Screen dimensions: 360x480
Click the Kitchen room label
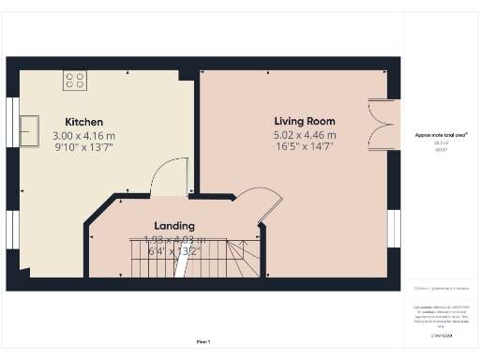point(83,122)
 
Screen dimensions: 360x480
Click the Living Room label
point(304,121)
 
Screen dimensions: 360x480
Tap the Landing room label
point(174,226)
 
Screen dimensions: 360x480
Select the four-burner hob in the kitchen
point(75,80)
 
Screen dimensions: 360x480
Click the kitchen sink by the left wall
point(28,126)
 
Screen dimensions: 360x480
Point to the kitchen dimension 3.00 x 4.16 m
point(83,136)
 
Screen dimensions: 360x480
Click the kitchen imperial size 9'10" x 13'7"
point(83,148)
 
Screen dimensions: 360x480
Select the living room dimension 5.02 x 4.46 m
point(304,135)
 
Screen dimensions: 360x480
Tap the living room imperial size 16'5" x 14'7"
point(304,147)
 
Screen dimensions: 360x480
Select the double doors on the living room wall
point(381,124)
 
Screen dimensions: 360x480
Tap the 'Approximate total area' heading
point(434,135)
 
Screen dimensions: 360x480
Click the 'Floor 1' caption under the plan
point(203,341)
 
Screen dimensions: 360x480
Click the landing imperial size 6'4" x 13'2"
point(174,249)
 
